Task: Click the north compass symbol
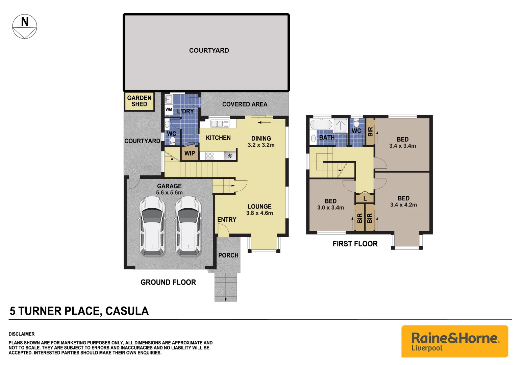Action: coord(25,26)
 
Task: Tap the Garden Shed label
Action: coord(139,101)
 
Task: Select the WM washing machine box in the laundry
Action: coord(169,109)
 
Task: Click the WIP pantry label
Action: coord(190,153)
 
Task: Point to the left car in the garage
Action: coord(152,226)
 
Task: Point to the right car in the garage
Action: coord(188,226)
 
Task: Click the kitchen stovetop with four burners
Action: coord(210,156)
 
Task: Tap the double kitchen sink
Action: coord(219,124)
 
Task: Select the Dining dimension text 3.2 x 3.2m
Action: coord(261,145)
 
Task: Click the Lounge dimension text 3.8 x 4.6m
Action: coord(259,213)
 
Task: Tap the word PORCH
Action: coord(228,255)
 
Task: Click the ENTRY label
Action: coord(227,220)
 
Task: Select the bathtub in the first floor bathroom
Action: coord(321,124)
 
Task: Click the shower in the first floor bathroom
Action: coord(340,125)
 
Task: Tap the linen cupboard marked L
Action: coord(365,198)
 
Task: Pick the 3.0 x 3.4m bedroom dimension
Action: coord(330,208)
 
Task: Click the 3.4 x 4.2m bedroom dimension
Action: coord(403,205)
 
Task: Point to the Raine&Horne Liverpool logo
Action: coord(455,341)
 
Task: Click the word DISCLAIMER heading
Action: coord(22,334)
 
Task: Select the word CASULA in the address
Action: coord(127,311)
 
